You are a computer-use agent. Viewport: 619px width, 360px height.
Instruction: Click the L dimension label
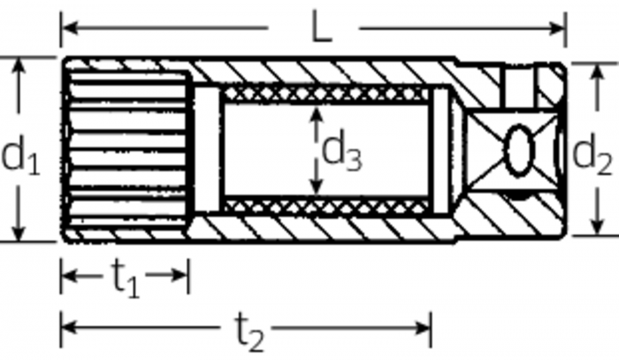pyautogui.click(x=322, y=26)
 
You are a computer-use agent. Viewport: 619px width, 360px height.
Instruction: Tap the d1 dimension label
pyautogui.click(x=21, y=154)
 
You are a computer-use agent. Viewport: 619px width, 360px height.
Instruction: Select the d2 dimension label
pyautogui.click(x=592, y=155)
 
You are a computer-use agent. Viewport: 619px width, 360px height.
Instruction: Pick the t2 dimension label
pyautogui.click(x=249, y=332)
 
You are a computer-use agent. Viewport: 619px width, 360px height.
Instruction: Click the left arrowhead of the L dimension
pyautogui.click(x=70, y=28)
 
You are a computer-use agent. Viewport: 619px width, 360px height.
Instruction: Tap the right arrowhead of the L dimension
pyautogui.click(x=557, y=28)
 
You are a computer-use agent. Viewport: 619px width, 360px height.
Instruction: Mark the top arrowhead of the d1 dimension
pyautogui.click(x=19, y=65)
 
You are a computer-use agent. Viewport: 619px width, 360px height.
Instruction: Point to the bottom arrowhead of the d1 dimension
pyautogui.click(x=19, y=232)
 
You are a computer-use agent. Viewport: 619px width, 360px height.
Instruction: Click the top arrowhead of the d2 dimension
pyautogui.click(x=597, y=72)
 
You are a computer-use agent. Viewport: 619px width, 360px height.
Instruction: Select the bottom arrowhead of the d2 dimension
pyautogui.click(x=597, y=227)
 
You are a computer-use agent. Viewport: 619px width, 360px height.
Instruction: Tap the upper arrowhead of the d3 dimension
pyautogui.click(x=316, y=114)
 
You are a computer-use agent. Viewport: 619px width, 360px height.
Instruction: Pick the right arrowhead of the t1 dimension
pyautogui.click(x=180, y=275)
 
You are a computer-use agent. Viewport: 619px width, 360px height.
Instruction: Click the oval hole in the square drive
pyautogui.click(x=518, y=150)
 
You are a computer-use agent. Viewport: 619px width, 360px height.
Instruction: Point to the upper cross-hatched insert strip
pyautogui.click(x=326, y=94)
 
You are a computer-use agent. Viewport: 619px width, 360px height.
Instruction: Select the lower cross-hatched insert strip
pyautogui.click(x=326, y=207)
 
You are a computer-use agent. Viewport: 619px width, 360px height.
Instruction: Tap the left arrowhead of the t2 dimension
pyautogui.click(x=70, y=327)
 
